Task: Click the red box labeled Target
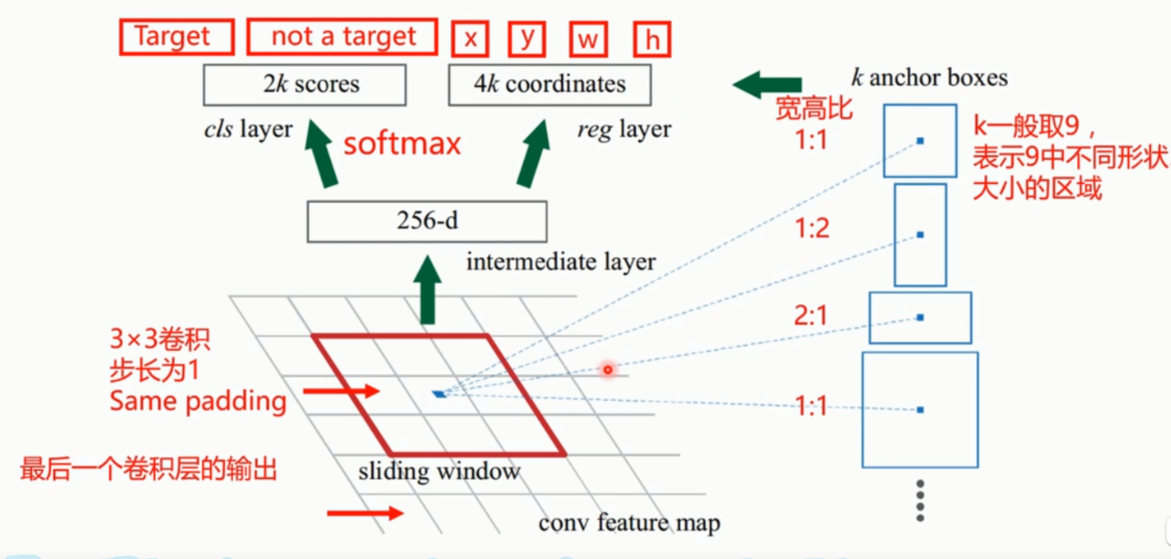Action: click(x=176, y=37)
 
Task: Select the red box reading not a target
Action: click(x=342, y=37)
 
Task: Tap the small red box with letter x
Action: click(x=470, y=39)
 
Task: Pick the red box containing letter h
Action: click(x=652, y=39)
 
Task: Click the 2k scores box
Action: click(x=305, y=84)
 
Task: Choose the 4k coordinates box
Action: click(x=549, y=84)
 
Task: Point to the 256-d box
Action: click(x=427, y=221)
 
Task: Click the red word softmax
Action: click(x=402, y=143)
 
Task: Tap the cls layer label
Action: click(x=248, y=129)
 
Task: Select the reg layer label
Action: click(x=624, y=129)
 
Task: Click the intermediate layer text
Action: click(x=560, y=262)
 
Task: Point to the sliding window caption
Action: click(x=439, y=471)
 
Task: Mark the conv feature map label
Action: click(x=629, y=522)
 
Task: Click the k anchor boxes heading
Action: click(x=929, y=77)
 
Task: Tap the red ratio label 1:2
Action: click(x=812, y=228)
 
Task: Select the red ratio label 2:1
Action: click(x=810, y=315)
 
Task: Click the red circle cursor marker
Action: click(x=607, y=369)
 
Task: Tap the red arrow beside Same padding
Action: click(x=341, y=391)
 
